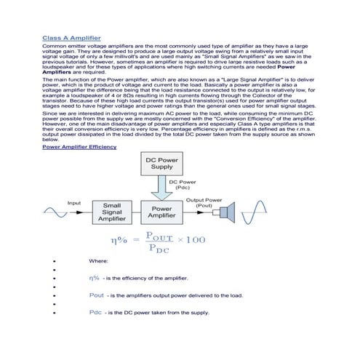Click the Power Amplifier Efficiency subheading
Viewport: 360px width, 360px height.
(79, 147)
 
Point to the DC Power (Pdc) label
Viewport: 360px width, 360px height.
(183, 185)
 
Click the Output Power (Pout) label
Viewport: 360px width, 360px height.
(204, 202)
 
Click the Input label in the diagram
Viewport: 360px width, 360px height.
(74, 202)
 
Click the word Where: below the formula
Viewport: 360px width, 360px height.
(98, 260)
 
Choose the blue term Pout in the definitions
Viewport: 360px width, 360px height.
(96, 295)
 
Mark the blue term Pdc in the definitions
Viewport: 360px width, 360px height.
(95, 313)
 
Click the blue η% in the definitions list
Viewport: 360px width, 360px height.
(94, 278)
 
